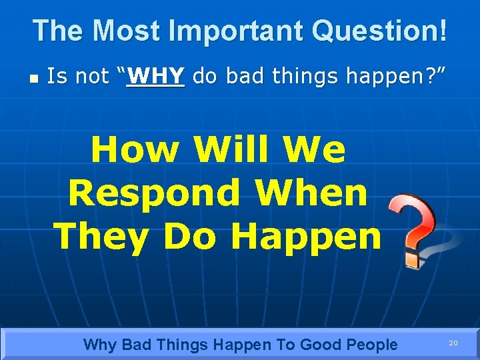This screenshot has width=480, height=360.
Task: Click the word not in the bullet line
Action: coord(94,77)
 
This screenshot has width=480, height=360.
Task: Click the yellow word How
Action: coord(135,149)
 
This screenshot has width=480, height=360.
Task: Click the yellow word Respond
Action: coord(154,193)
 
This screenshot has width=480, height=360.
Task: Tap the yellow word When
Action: coord(311,193)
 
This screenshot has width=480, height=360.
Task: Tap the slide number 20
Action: coord(453,343)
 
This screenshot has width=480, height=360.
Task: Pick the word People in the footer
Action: coord(371,345)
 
